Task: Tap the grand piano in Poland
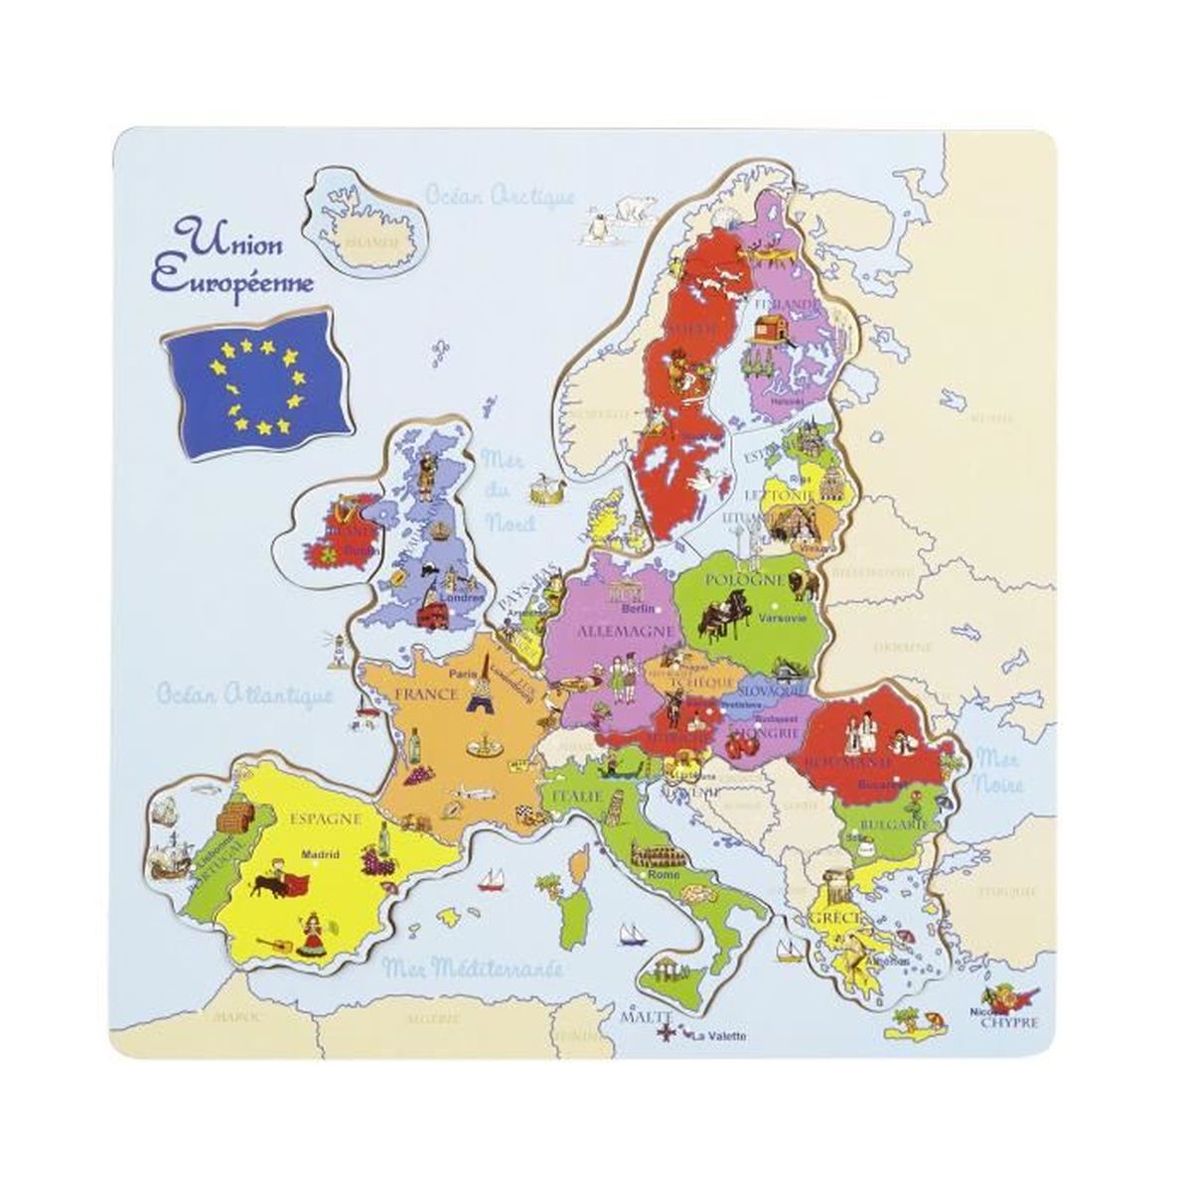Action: (x=715, y=618)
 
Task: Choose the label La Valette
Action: (x=719, y=1037)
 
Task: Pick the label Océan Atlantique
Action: (x=243, y=694)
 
